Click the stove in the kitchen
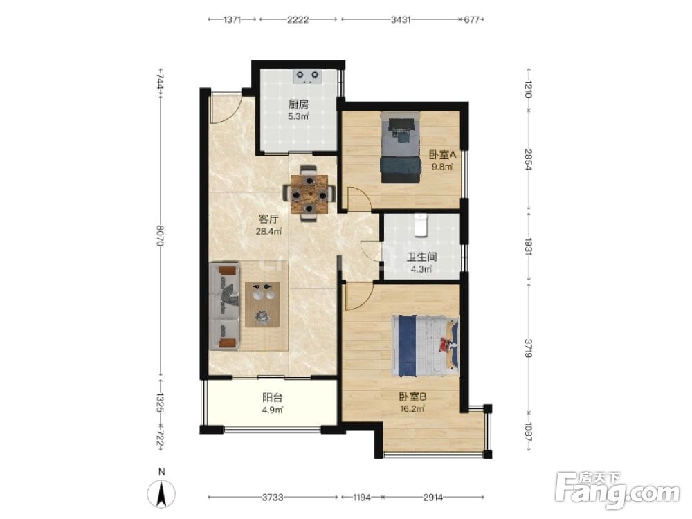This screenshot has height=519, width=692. coord(307,77)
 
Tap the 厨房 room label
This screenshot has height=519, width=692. coord(298,104)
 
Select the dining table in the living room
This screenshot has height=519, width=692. coord(309,194)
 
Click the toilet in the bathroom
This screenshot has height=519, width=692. coord(421,224)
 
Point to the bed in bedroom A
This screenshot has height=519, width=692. coord(400,147)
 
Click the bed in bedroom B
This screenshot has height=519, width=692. coord(425,345)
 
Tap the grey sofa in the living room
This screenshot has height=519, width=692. coord(224,306)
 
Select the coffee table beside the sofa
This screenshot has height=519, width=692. coord(262,304)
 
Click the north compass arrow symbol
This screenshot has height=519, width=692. coord(162,493)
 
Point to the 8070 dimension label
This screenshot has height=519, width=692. coord(161,236)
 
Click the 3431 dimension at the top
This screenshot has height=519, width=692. coord(400,20)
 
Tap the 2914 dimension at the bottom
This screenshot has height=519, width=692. coord(433,498)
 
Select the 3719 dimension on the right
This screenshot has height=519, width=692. coord(529,348)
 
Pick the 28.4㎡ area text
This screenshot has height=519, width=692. coord(268,231)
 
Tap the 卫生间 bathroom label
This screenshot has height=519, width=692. coord(421,257)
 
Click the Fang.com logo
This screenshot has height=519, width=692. coord(617,491)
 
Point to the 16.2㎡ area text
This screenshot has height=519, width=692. coord(412,409)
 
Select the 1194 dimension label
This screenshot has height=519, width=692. coord(361,498)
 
